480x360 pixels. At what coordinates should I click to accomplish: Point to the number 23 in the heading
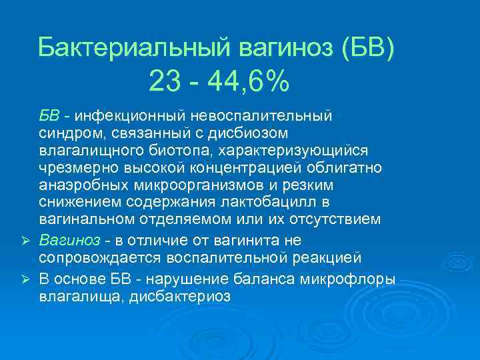[164, 83]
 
